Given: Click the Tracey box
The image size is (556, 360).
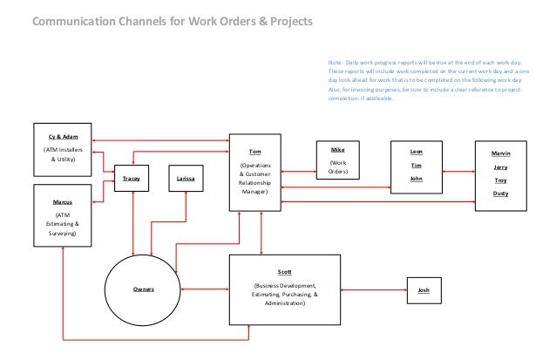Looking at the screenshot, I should coord(132,179).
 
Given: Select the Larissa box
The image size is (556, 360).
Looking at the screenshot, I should coord(186,179).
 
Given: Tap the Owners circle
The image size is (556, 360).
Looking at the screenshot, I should coord(144,287).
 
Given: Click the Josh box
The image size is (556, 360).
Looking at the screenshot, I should coord(424,288).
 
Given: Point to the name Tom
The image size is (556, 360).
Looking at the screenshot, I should coord(254,150).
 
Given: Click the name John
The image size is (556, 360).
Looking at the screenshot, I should coord(416,178).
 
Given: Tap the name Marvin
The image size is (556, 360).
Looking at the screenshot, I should coord(500,152).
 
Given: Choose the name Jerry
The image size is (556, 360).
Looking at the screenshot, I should coord(500,166).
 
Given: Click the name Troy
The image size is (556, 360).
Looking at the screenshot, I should coord(500,180).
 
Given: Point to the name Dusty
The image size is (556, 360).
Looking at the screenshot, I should coord(500,193).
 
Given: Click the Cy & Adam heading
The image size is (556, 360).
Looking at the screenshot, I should coord(60,137).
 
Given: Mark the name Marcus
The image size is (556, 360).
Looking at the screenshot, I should coord(60,201).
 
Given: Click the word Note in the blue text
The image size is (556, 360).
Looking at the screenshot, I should coord(336,64).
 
